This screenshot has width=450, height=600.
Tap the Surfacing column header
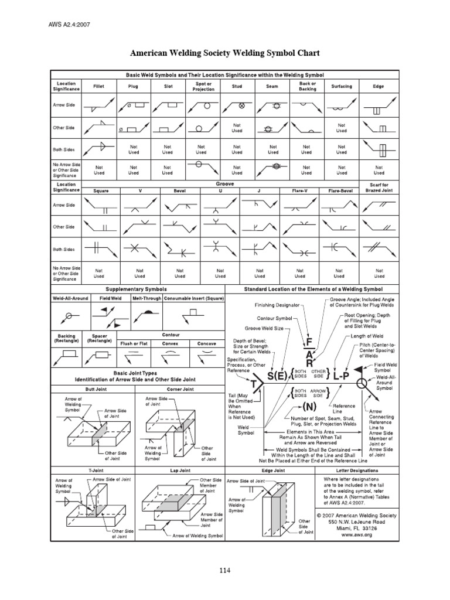tap(342, 86)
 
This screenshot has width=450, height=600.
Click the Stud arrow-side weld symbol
tap(237, 107)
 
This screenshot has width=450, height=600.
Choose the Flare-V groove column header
tap(300, 190)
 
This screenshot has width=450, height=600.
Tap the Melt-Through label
tap(144, 298)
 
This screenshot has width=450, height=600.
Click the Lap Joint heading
tap(180, 470)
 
